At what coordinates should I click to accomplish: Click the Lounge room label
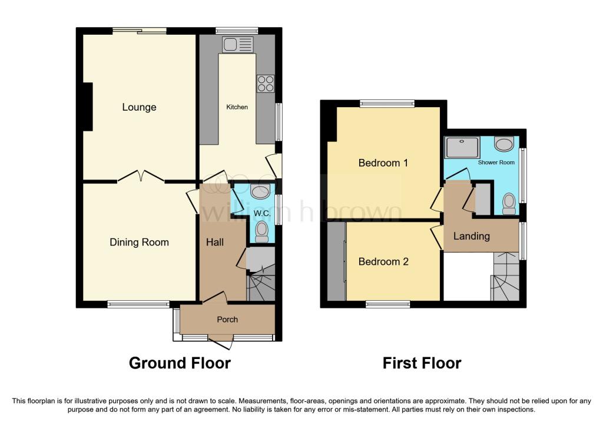139,107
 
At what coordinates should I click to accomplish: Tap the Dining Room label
139,242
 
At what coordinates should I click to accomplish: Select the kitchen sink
237,44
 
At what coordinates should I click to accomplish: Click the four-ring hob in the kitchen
265,84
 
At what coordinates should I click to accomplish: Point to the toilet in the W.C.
262,231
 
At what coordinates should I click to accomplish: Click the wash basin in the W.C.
260,190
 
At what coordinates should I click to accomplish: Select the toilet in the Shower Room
509,204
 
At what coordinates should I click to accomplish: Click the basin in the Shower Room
503,144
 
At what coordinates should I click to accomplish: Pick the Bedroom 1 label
383,163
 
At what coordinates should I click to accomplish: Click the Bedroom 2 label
383,261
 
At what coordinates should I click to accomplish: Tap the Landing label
471,236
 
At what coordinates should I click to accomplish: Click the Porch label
227,320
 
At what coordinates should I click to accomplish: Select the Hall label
214,241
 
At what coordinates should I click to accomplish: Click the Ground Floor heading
180,363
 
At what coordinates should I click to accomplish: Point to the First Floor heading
422,363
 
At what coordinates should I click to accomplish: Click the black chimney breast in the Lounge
88,107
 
